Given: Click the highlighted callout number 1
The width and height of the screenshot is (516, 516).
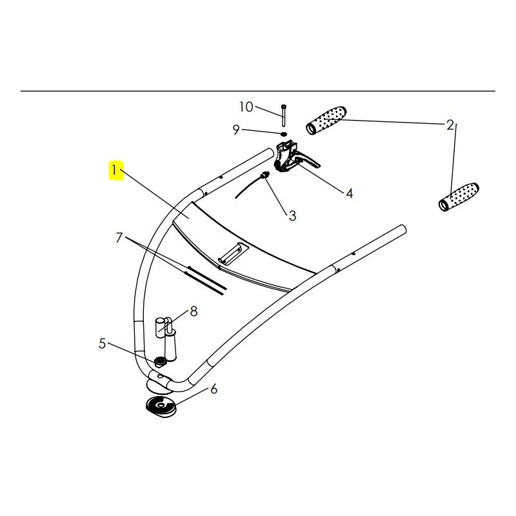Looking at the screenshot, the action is (x=114, y=170).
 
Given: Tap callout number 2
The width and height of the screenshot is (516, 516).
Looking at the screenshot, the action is (x=450, y=125).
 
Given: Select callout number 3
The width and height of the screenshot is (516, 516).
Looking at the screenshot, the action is (x=292, y=216).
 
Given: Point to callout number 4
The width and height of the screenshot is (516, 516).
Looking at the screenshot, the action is (x=350, y=193).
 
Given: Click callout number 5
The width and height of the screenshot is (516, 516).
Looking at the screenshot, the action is (x=103, y=344).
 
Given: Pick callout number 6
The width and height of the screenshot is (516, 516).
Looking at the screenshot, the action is (x=214, y=390).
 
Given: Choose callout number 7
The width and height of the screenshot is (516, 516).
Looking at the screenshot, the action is (x=119, y=237).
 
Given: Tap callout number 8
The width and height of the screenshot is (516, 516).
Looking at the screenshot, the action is (x=194, y=312).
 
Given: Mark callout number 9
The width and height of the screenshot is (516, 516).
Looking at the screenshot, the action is (x=236, y=130).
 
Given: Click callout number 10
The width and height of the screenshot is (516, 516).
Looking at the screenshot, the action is (x=246, y=107).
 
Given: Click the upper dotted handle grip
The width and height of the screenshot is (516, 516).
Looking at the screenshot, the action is (x=326, y=120).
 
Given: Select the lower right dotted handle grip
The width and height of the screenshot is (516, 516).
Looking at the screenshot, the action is (x=459, y=197).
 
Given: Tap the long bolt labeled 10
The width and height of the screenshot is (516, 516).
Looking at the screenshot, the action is (x=284, y=115).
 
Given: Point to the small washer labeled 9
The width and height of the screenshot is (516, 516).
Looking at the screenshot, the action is (x=284, y=134).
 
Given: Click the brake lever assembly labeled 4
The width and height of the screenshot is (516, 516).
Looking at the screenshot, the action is (x=293, y=157).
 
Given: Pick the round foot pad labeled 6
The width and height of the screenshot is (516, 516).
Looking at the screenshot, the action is (x=161, y=408).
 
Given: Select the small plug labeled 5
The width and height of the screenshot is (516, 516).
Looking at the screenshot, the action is (x=160, y=362).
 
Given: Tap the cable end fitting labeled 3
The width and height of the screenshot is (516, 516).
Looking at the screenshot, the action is (x=264, y=175).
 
